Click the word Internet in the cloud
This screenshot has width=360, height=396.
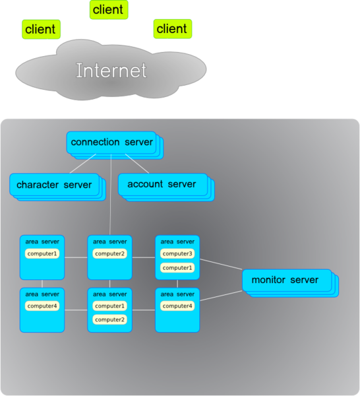[x=111, y=70]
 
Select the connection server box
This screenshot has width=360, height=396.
[x=111, y=143]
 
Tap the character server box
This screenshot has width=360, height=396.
[x=54, y=185]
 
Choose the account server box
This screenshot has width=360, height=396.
[x=163, y=184]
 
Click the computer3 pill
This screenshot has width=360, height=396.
[x=177, y=253]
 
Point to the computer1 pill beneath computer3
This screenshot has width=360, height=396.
[x=177, y=268]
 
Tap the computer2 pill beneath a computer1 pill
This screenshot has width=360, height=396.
[x=109, y=319]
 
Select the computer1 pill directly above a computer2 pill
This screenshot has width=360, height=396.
[x=109, y=306]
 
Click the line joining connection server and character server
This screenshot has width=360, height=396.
[x=82, y=164]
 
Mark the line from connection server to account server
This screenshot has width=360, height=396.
[x=137, y=164]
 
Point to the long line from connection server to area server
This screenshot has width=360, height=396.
[x=111, y=195]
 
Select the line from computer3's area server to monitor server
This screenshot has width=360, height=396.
[x=221, y=264]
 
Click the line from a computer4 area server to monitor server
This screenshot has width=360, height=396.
[x=221, y=296]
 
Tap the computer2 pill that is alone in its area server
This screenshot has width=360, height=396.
[x=109, y=253]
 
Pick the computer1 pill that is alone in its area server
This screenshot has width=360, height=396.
[x=42, y=253]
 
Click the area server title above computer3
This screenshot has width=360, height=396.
[x=177, y=242]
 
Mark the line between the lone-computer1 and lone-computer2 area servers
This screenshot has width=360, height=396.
[x=76, y=257]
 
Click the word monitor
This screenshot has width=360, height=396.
[x=268, y=280]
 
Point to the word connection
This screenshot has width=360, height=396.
[x=95, y=142]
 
